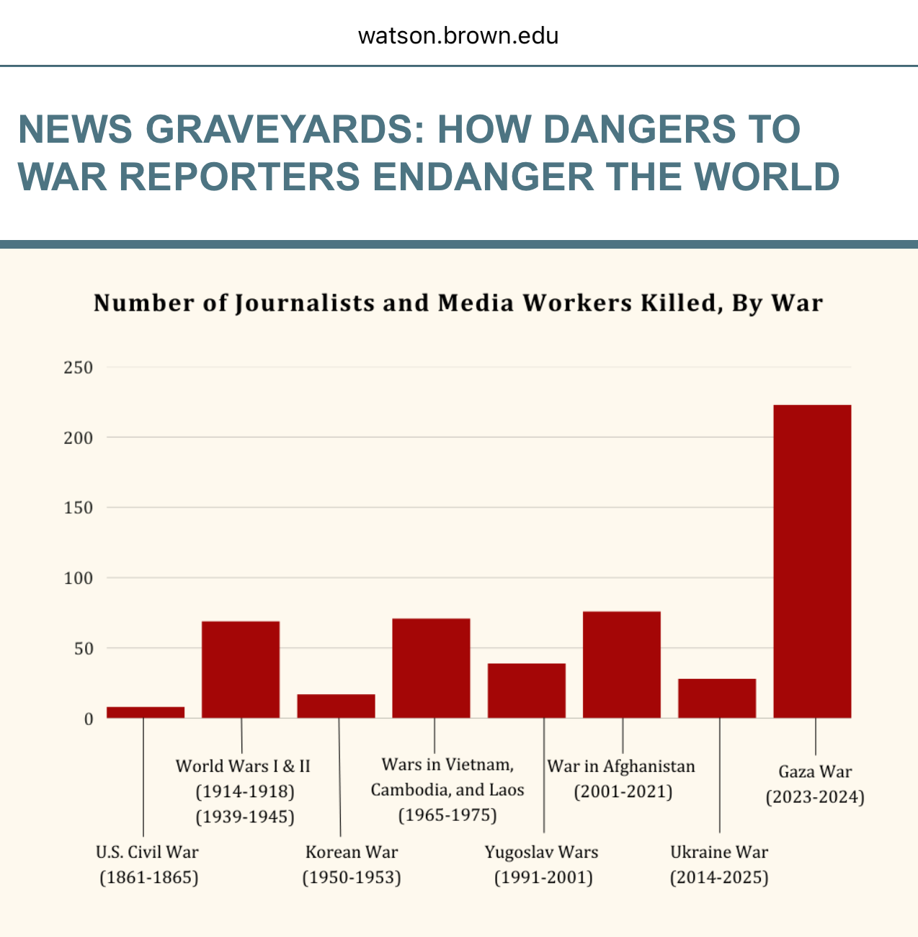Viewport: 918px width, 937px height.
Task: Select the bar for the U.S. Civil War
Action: [146, 712]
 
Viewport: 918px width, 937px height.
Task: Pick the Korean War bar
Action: [336, 706]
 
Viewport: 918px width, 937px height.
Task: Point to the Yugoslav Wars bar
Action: [526, 690]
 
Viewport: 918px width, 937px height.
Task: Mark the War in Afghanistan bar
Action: [621, 664]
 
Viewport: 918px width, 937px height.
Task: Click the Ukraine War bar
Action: [717, 698]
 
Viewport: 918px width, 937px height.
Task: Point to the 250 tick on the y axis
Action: [79, 368]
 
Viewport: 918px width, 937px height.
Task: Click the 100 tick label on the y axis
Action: [79, 578]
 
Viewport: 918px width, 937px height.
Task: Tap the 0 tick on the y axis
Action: [88, 719]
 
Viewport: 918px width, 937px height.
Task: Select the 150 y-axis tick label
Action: [79, 508]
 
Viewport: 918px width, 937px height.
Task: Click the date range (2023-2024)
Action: [815, 797]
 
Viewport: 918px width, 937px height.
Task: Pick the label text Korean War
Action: [352, 852]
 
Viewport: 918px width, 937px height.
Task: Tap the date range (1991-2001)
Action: [543, 877]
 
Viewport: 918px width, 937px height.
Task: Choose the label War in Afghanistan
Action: [621, 765]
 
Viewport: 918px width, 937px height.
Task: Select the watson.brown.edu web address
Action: [458, 35]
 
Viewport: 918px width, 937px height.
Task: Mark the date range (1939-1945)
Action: [245, 817]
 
